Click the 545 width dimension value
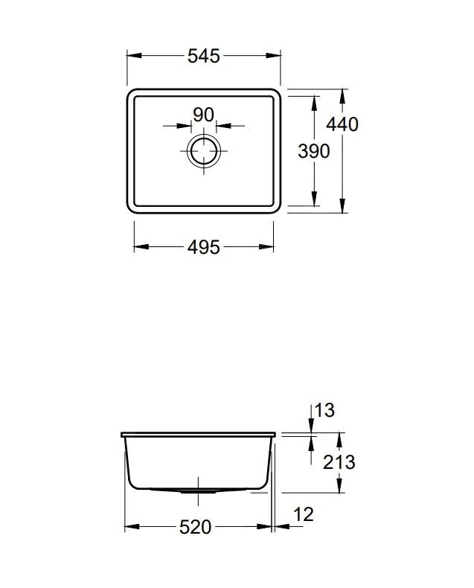click(204, 56)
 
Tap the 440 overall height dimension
click(343, 124)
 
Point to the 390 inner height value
click(313, 151)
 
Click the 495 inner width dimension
click(203, 247)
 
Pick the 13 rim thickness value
click(324, 410)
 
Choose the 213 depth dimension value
click(339, 462)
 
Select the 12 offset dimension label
click(304, 514)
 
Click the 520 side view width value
click(196, 527)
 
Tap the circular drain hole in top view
click(203, 150)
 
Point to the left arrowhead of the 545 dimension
click(131, 56)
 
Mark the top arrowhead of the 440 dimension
click(342, 94)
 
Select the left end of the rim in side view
click(122, 434)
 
